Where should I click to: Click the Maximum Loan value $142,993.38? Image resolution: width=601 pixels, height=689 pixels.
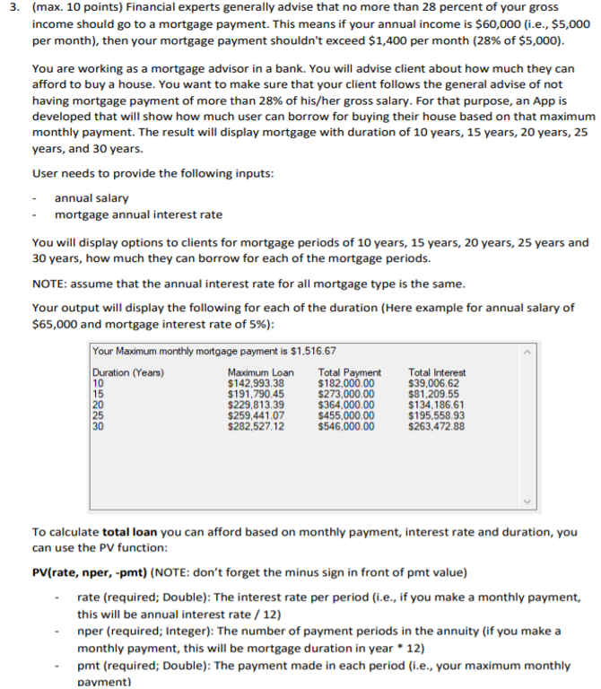point(257,382)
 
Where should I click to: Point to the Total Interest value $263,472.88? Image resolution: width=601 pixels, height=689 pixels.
point(437,426)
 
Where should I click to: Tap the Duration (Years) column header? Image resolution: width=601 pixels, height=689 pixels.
point(128,372)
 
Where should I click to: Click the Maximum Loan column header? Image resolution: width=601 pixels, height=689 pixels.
point(261,372)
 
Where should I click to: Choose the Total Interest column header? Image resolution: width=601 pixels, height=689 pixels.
point(437,372)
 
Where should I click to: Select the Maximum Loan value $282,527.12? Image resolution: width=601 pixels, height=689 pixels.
point(257,426)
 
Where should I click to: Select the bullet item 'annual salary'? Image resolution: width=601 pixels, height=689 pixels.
point(91,197)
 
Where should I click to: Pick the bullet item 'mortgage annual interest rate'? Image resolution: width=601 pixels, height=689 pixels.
point(138,214)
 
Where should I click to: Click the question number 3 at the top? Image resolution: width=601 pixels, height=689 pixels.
point(9,7)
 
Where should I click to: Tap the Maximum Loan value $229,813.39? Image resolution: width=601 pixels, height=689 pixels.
point(257,405)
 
